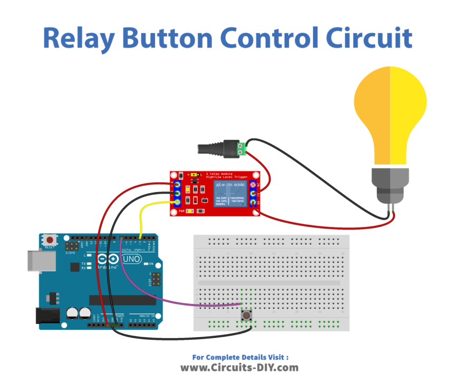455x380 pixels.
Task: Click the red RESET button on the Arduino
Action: [50, 241]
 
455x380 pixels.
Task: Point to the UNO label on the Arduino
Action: [131, 259]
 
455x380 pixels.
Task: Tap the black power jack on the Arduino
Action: [46, 316]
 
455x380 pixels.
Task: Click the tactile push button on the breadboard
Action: [246, 316]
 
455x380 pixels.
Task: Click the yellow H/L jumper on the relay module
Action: [194, 174]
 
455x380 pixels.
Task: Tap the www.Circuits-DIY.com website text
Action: [239, 367]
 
